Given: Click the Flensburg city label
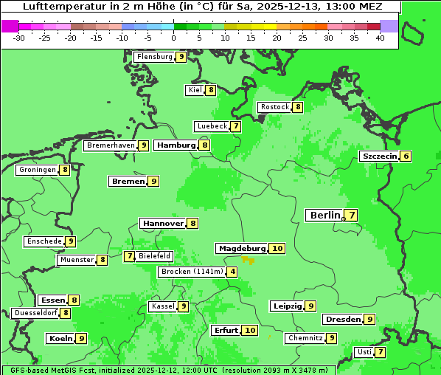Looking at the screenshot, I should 154,57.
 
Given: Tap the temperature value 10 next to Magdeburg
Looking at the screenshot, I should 277,249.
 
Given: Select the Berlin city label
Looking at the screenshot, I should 324,216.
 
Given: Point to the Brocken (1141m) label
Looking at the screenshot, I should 191,272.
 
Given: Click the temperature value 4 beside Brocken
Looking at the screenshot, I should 232,272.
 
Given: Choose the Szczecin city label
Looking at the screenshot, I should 379,156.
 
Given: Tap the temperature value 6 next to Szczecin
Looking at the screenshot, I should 406,156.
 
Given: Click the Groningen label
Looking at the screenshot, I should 37,170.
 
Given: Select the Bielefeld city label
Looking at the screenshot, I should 155,256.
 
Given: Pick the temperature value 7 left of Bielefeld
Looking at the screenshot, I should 130,256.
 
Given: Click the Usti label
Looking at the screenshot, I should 364,352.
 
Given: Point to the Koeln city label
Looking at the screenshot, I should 60,338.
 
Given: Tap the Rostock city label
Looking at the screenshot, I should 274,107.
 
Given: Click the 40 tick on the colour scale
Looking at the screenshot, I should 380,38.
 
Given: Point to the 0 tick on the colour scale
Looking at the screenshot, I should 173,38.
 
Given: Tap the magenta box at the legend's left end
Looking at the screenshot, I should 10,26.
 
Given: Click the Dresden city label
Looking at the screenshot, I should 342,320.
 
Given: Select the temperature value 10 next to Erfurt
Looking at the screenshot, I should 250,330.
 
